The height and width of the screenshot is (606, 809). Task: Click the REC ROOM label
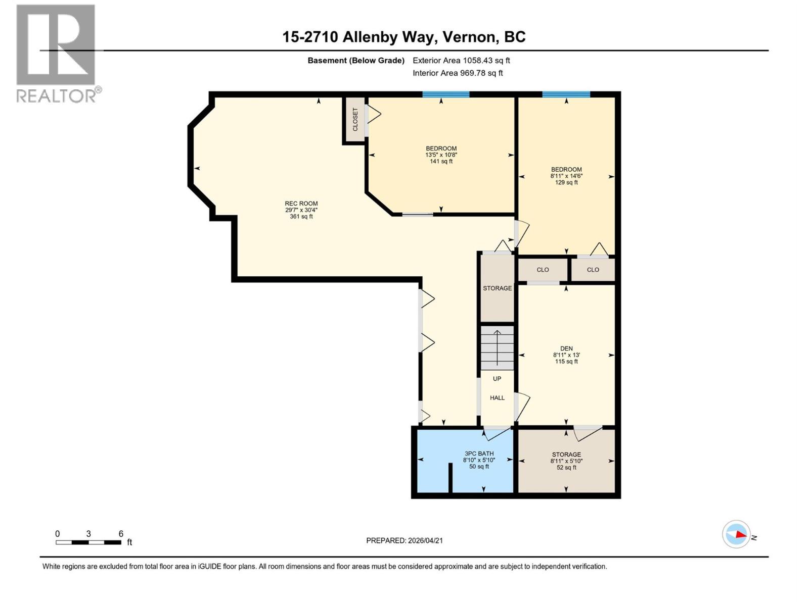(301, 204)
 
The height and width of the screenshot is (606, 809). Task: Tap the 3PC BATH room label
(479, 454)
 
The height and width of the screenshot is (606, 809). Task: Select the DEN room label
(566, 349)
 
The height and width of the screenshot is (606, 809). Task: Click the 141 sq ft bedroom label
(441, 149)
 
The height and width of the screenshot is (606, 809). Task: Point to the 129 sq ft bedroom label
(566, 170)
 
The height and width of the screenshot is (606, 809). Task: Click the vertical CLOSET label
(355, 119)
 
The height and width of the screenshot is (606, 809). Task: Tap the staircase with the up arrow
(497, 347)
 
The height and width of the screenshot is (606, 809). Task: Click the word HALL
(497, 398)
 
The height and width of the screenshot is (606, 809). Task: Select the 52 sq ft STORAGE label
(566, 455)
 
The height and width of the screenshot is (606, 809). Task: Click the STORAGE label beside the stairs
(497, 288)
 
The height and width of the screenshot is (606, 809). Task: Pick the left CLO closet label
(543, 270)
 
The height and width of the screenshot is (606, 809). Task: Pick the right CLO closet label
(593, 270)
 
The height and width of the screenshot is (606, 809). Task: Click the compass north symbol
(736, 534)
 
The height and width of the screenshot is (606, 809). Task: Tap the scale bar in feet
(88, 542)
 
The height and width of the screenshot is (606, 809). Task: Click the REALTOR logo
(57, 53)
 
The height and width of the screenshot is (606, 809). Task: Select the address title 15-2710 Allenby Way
(403, 37)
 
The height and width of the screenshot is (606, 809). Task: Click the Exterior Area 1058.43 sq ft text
(461, 61)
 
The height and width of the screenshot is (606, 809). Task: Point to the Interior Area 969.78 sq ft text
(458, 73)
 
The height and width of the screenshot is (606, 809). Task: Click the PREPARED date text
(404, 540)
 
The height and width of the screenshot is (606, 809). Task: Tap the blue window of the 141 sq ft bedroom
(446, 94)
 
